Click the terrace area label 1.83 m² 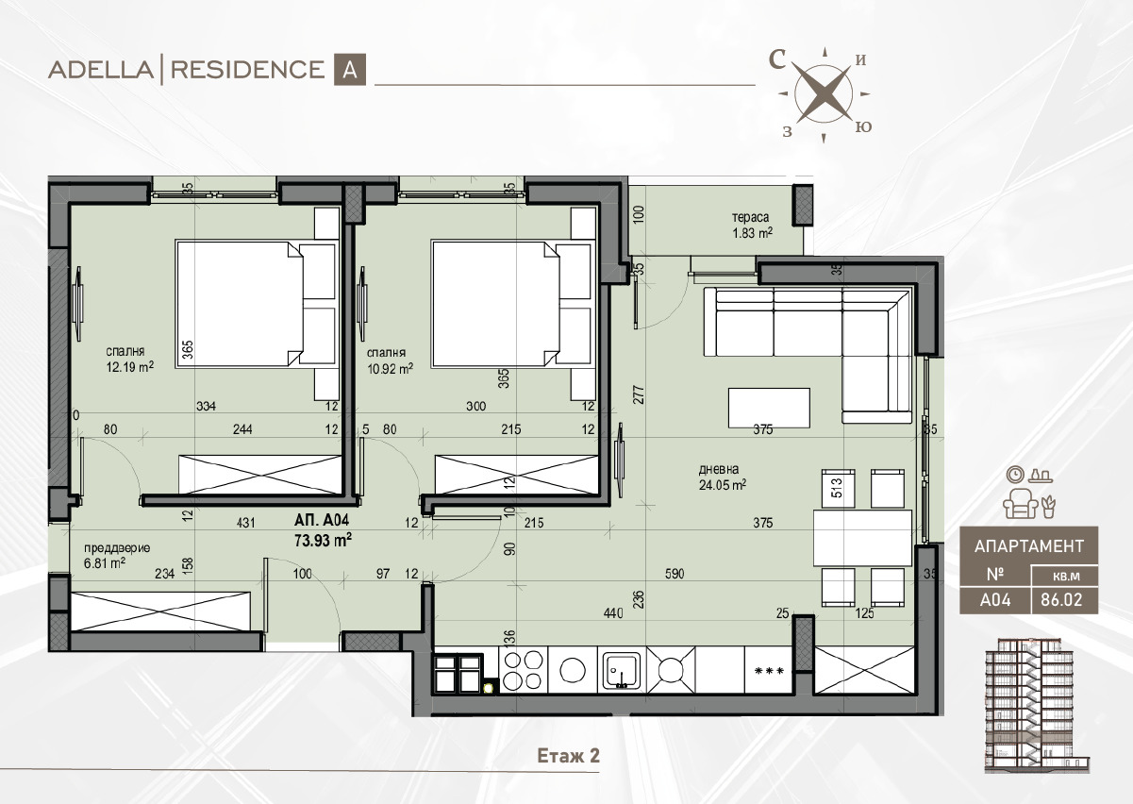pos(752,233)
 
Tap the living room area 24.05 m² pos(723,485)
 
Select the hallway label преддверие pos(117,548)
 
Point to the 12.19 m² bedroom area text pos(130,367)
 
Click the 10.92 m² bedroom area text pos(390,368)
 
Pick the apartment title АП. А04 pos(322,520)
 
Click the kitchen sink pos(622,671)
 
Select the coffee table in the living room pos(769,408)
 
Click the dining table pos(862,538)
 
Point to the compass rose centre pos(824,93)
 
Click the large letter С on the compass pos(777,59)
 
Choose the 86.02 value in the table pos(1061,599)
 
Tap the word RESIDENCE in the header pos(248,70)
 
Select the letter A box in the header pos(349,69)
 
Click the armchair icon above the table pos(1020,504)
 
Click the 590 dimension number pos(675,573)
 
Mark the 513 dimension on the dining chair pos(837,488)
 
